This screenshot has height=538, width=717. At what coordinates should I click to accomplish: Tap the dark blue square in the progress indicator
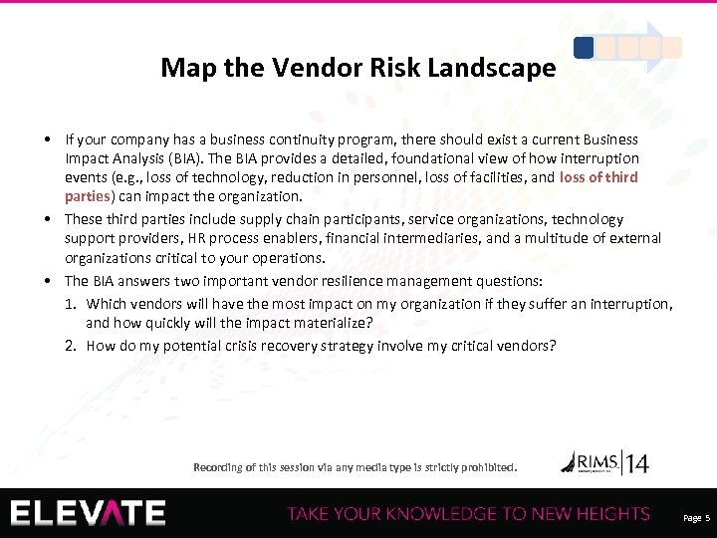[585, 47]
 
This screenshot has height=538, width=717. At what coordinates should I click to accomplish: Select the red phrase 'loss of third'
[599, 177]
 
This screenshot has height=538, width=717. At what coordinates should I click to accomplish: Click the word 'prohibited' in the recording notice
[487, 466]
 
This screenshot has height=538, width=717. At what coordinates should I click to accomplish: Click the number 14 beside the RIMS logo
[638, 463]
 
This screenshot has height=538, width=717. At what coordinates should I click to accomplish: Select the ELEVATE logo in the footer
[89, 513]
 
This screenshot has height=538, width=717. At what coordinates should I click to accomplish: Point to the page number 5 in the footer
[707, 519]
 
